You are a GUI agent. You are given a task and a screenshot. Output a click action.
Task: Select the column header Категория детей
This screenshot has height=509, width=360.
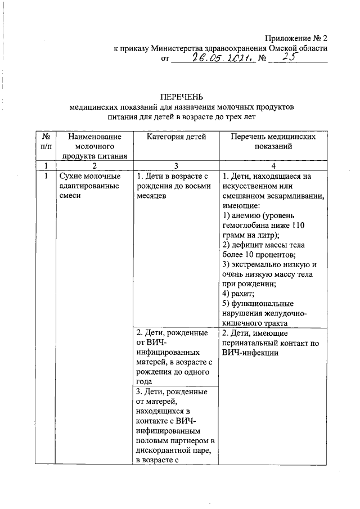176,137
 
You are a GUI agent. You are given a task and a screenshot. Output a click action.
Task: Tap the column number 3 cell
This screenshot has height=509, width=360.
176,165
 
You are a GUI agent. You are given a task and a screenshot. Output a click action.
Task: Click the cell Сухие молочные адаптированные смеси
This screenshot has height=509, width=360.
89,186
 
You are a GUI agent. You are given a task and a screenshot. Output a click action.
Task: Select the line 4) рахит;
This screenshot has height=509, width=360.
238,294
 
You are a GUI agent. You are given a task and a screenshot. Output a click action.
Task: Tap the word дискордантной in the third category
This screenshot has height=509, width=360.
159,451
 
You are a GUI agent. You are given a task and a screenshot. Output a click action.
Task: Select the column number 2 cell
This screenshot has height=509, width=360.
94,165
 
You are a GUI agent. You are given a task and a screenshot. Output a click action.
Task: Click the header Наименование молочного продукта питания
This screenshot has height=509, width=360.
94,146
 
